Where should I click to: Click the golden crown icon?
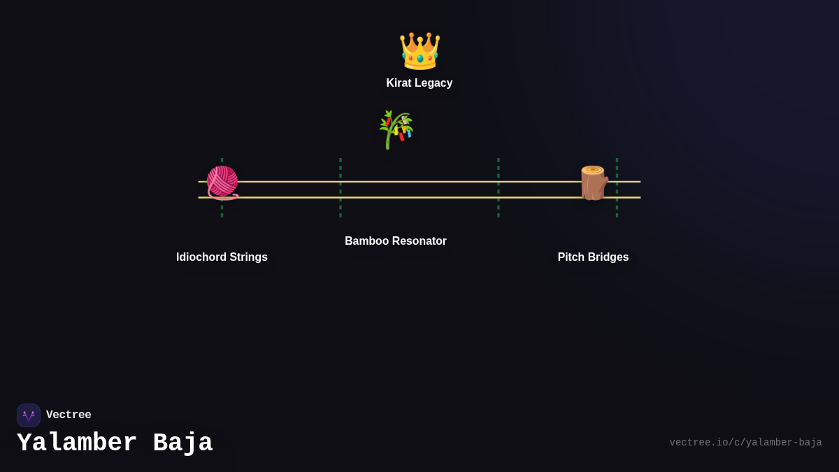[x=419, y=51]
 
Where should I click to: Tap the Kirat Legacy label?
[x=419, y=83]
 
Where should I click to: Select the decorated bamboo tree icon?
[x=396, y=129]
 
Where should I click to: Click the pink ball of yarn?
[x=222, y=183]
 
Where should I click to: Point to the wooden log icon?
[x=594, y=183]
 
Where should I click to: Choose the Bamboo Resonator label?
[x=396, y=241]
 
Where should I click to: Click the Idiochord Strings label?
[x=222, y=257]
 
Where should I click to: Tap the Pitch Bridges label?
[x=593, y=257]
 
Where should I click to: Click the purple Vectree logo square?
[x=29, y=415]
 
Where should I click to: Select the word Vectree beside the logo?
[x=69, y=415]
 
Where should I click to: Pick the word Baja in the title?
[x=182, y=443]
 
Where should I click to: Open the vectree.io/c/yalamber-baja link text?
[x=745, y=443]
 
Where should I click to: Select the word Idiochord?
[x=201, y=257]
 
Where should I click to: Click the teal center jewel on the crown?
[x=420, y=59]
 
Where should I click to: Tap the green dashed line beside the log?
[x=617, y=187]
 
